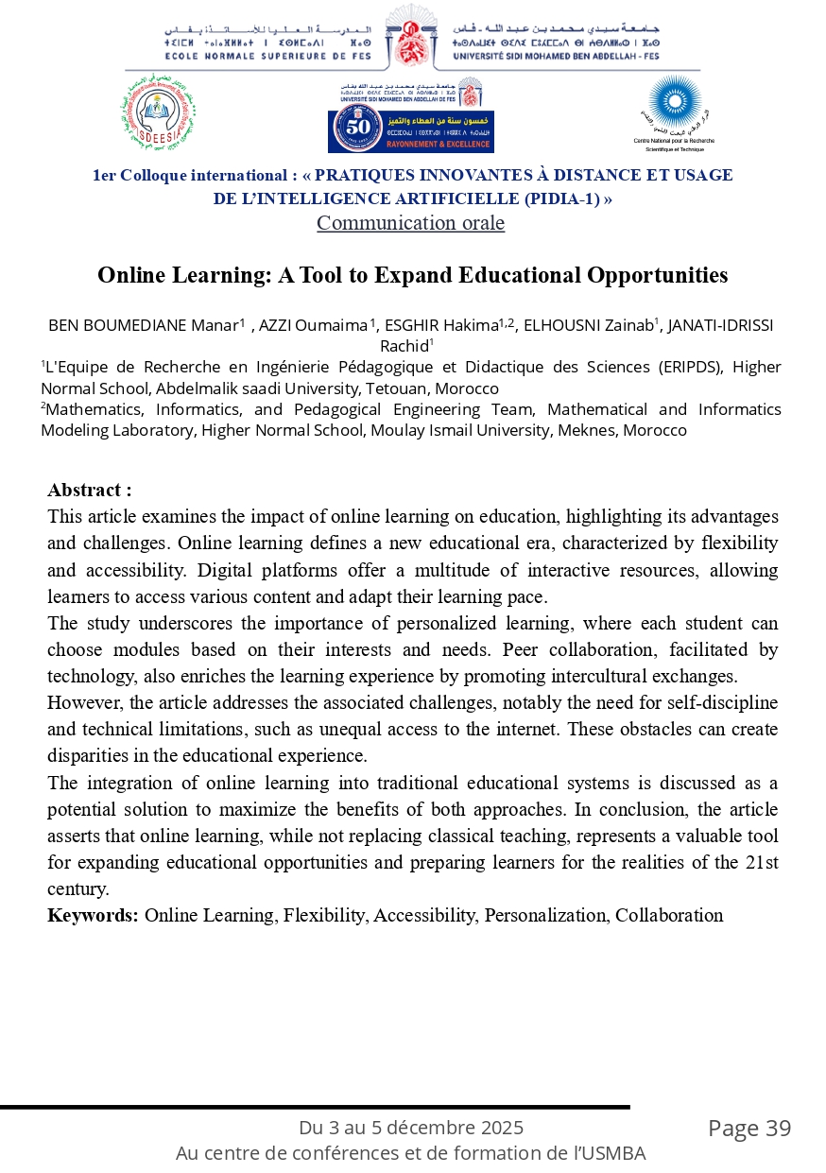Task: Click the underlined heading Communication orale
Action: (410, 223)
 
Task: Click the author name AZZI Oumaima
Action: (314, 326)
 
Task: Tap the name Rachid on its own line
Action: (404, 346)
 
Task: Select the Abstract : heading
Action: (90, 490)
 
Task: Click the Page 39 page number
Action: (749, 1128)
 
